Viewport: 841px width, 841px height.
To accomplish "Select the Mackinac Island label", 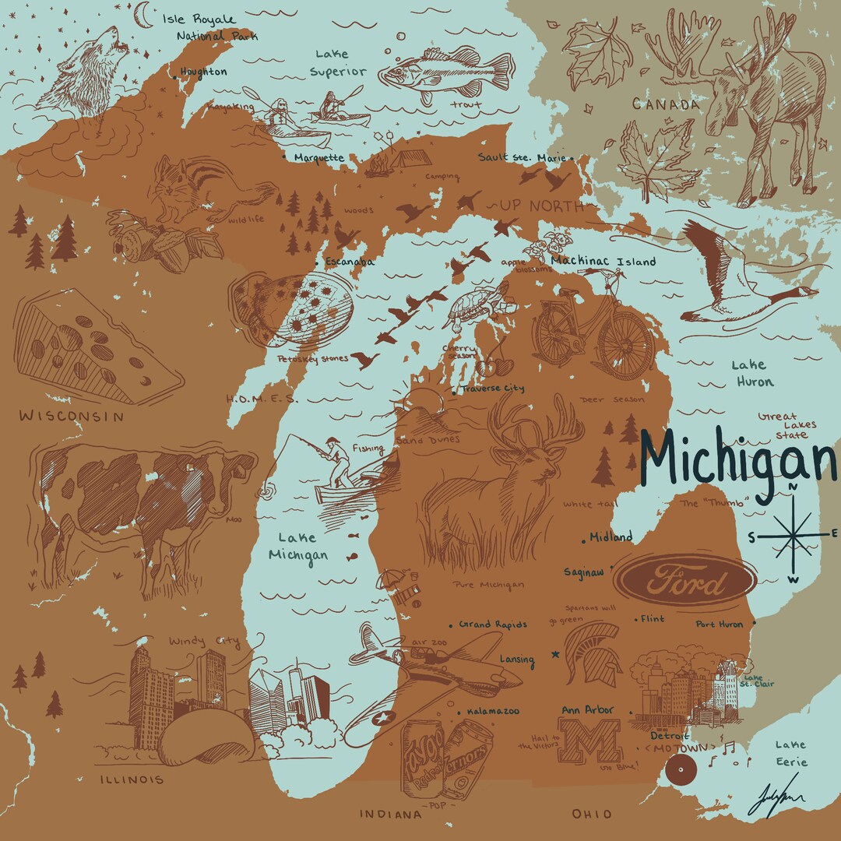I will (x=603, y=262).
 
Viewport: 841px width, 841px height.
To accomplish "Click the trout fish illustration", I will (x=444, y=73).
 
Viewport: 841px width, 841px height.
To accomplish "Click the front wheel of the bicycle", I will (x=627, y=347).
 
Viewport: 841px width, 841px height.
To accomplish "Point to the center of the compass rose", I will (x=793, y=535).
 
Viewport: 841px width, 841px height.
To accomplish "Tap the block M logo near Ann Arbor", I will (x=593, y=741).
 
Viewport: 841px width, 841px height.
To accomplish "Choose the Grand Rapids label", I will (x=492, y=625).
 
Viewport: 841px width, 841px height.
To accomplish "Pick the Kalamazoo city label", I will (x=492, y=711).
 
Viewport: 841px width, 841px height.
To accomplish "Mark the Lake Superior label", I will (x=338, y=63).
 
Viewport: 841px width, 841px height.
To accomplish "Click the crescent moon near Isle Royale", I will (x=143, y=13).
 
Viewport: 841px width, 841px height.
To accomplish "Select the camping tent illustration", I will (x=410, y=159).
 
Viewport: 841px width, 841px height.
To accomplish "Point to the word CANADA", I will (x=666, y=104).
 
